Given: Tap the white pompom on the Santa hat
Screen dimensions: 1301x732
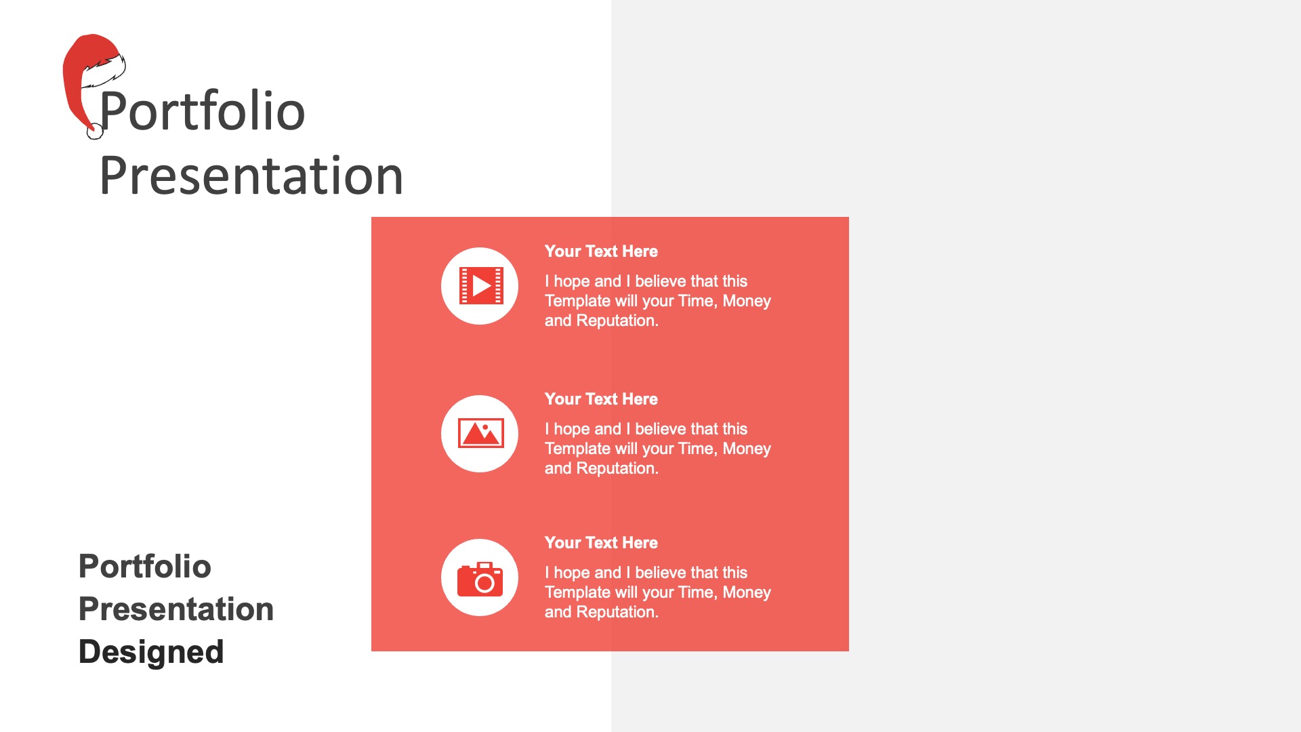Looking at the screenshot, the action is [x=95, y=131].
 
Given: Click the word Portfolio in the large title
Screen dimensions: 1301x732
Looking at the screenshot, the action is [x=202, y=111].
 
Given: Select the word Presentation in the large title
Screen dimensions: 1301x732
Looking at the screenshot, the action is [x=251, y=176].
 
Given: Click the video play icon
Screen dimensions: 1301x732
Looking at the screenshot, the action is [x=480, y=286].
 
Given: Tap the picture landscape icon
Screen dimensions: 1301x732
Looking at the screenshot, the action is [x=480, y=433].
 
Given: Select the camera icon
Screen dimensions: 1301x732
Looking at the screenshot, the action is [x=480, y=579].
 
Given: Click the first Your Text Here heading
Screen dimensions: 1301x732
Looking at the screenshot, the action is [x=601, y=251].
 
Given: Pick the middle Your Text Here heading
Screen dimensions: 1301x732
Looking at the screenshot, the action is [x=601, y=399].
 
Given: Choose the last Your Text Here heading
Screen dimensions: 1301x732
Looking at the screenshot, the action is [x=601, y=543].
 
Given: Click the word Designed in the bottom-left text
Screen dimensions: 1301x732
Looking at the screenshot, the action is [x=151, y=652].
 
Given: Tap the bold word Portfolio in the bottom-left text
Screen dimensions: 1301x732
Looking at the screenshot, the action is [x=145, y=566].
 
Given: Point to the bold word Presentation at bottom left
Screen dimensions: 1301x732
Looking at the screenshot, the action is [x=176, y=609].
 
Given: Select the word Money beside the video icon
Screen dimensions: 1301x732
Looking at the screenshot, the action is [x=747, y=301].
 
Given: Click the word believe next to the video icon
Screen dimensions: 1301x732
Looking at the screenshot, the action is [x=661, y=281].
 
